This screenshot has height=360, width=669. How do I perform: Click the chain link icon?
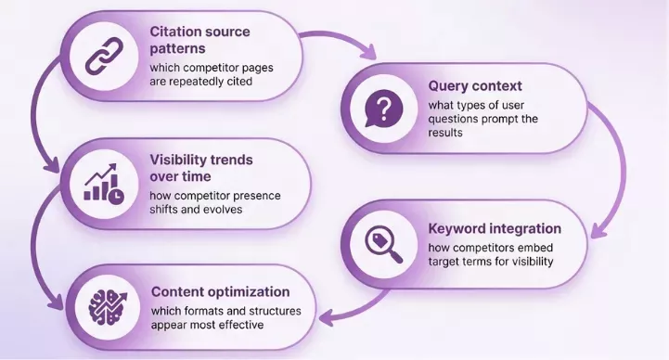pos(103,56)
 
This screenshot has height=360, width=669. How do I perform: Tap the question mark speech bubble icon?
pos(383,110)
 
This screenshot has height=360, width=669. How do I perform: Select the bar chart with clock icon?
pos(103,181)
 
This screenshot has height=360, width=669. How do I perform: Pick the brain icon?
pos(104,303)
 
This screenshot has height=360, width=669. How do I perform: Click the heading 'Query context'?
pos(474,86)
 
